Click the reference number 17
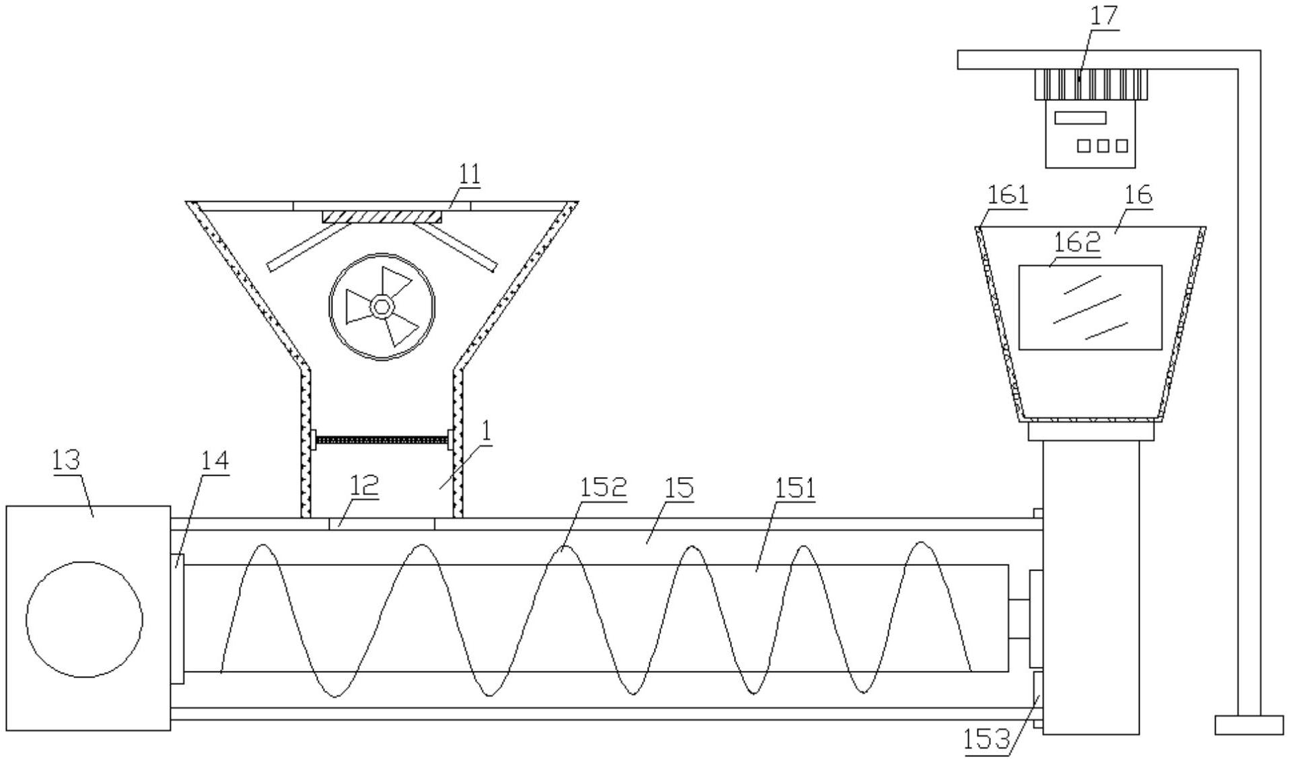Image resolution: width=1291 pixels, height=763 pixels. point(1103,15)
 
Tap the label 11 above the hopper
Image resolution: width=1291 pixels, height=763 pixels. point(470,174)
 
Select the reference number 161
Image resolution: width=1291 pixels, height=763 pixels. point(1008,194)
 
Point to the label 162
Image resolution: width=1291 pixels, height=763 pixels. point(1076,242)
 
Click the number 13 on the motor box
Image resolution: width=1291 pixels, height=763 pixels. point(66,460)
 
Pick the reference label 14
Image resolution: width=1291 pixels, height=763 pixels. point(215,461)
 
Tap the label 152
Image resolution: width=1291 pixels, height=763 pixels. point(603,486)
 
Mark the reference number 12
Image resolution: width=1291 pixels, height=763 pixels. point(364,485)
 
